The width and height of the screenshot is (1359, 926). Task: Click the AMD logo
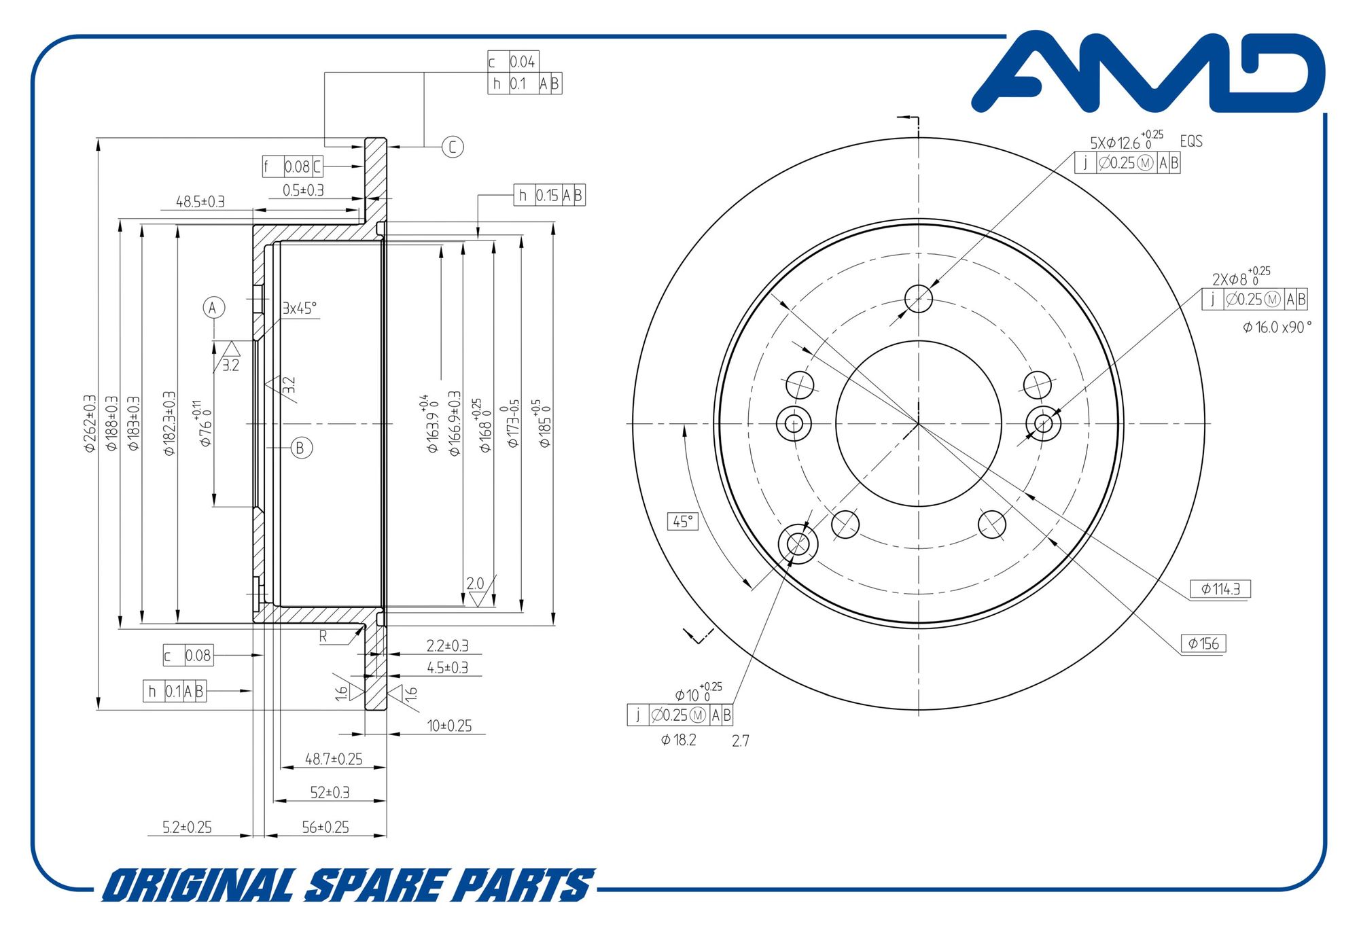coord(1148,71)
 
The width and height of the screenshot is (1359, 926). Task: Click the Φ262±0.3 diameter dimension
coord(90,424)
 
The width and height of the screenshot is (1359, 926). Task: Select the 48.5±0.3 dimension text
coord(200,202)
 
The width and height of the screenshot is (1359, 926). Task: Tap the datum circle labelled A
coord(213,308)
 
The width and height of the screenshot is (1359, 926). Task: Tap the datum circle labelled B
coord(301,448)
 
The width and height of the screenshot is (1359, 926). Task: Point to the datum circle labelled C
coord(453,147)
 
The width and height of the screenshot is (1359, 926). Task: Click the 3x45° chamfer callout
coord(300,308)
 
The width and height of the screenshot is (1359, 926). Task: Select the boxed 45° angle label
coord(683,521)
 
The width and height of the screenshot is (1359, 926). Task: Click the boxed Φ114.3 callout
coord(1220,589)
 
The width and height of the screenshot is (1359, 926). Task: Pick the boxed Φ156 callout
coord(1203,643)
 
